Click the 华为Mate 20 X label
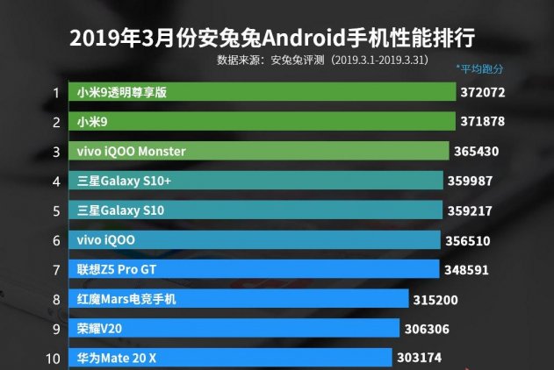tap(118, 358)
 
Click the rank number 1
tap(55, 92)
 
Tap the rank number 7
tap(55, 270)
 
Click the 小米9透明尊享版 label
tap(122, 92)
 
